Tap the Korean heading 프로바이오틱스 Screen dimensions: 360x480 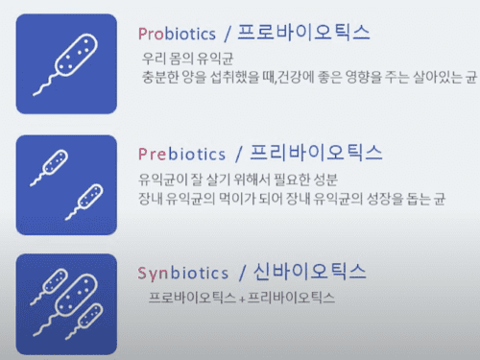pos(304,33)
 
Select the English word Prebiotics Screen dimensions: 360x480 pos(181,155)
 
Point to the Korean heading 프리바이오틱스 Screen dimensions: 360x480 pos(315,154)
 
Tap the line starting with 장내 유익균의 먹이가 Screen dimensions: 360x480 pos(305,199)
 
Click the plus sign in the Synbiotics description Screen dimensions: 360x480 pos(240,300)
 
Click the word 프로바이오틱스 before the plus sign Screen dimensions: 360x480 pos(191,299)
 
